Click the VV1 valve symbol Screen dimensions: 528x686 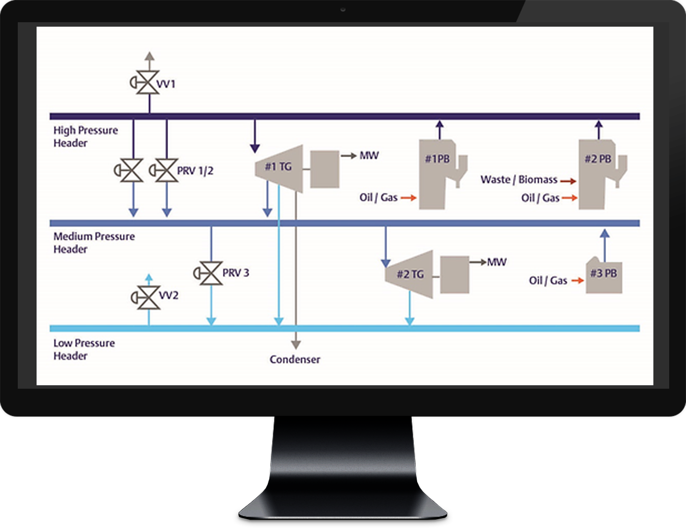click(147, 83)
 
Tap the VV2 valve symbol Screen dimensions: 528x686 click(148, 297)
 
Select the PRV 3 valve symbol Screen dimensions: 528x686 click(211, 273)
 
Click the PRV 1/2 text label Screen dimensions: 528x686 click(195, 171)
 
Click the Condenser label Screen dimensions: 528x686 click(295, 360)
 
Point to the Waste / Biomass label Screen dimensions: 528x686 click(519, 180)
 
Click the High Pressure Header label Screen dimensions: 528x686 click(86, 137)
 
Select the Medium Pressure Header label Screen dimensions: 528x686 click(94, 243)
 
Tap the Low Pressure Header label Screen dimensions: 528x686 click(84, 350)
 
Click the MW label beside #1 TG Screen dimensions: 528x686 click(369, 156)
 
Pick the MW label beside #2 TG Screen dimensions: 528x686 click(497, 262)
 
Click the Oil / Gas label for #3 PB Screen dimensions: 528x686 click(548, 281)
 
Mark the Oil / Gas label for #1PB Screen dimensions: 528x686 click(379, 198)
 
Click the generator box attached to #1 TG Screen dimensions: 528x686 click(325, 169)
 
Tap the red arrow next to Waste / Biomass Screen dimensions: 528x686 click(568, 181)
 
